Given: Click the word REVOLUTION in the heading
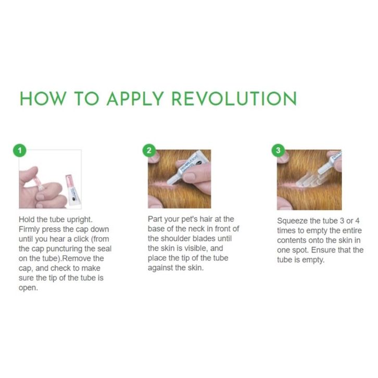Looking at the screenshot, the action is click(234, 98).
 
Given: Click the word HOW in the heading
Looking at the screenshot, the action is click(43, 98).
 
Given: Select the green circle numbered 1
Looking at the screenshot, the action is click(20, 150).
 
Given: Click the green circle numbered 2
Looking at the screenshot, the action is click(149, 150).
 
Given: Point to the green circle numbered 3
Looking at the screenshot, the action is click(278, 150).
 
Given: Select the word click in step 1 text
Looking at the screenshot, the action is click(81, 239).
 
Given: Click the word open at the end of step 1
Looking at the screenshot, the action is click(28, 288).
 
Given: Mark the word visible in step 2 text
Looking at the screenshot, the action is click(196, 248).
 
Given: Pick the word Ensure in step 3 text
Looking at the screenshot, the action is click(323, 250).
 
